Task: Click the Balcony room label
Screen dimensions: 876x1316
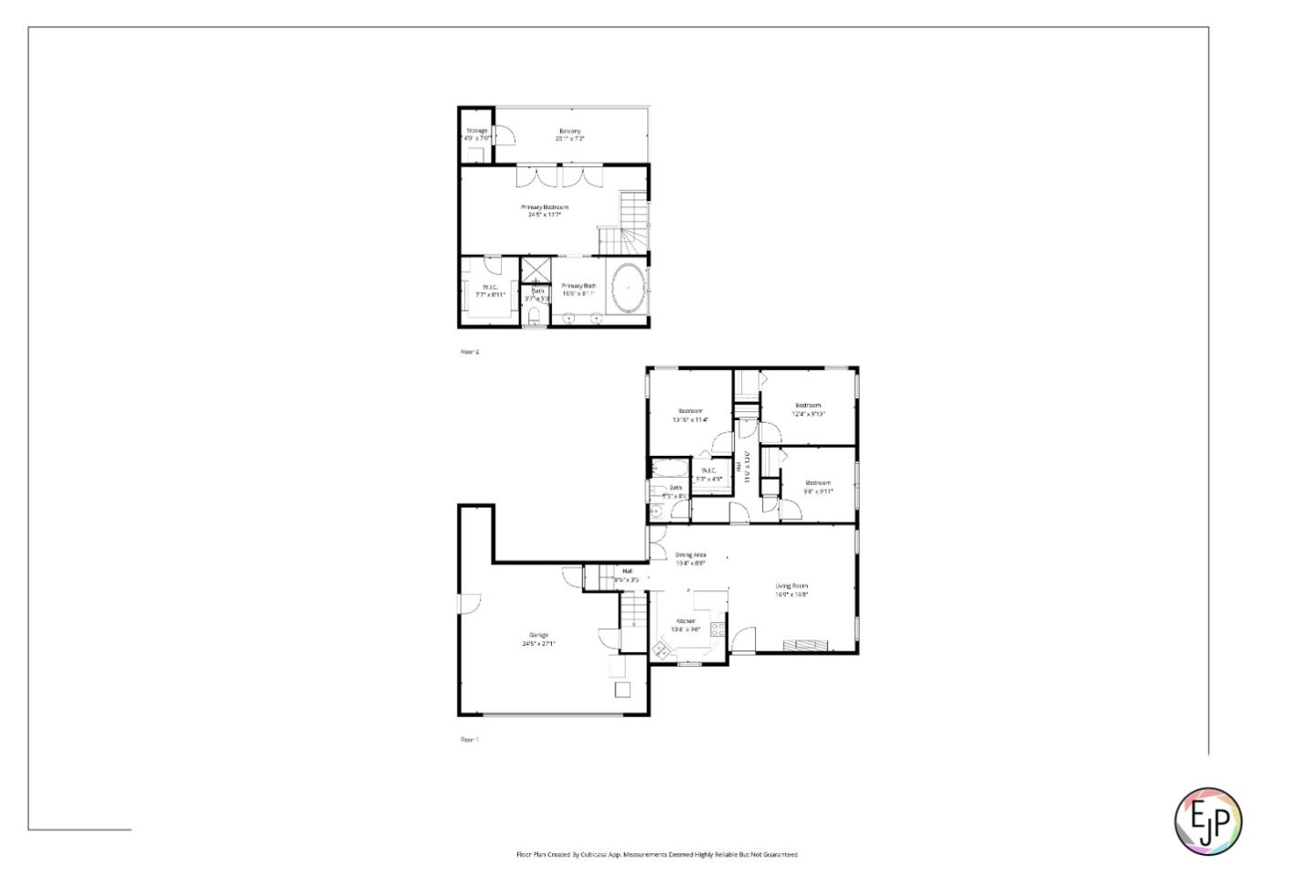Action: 570,132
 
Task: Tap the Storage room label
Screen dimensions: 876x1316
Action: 476,131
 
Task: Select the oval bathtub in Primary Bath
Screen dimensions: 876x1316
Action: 628,287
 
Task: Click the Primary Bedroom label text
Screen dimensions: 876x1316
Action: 545,207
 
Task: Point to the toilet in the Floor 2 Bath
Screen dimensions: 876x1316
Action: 535,317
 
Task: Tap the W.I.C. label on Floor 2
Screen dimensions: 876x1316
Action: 490,287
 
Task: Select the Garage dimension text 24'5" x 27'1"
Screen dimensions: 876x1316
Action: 538,643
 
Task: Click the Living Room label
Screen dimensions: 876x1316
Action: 791,586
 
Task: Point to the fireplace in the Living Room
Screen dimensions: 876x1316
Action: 808,645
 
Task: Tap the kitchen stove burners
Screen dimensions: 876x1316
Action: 717,628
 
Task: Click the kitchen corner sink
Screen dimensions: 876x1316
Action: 661,649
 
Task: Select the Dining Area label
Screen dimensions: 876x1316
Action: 690,554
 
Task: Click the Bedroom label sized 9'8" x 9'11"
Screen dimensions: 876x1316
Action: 818,482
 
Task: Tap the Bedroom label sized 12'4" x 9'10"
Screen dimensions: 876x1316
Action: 808,405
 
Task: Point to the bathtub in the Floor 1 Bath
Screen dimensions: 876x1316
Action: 671,470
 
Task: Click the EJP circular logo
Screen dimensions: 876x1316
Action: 1207,819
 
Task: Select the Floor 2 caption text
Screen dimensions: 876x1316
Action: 470,352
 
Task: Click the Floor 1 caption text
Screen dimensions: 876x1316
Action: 470,740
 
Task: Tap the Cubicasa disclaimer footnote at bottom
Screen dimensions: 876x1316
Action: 657,855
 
